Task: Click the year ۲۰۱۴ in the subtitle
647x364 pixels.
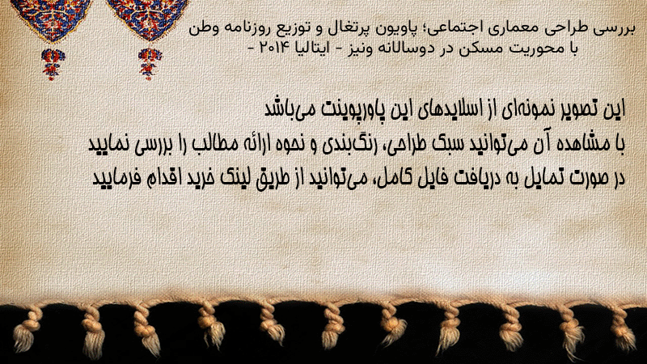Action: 272,49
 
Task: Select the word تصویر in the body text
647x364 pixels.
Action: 581,109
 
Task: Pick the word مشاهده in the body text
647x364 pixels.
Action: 585,144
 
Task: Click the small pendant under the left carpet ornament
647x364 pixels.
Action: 53,63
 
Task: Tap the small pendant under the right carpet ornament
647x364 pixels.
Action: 149,63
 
